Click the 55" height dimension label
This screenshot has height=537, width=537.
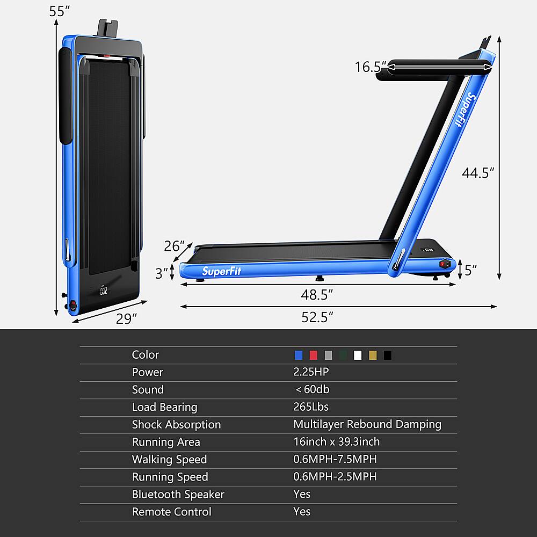(x=60, y=11)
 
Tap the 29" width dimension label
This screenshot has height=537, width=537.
(x=127, y=319)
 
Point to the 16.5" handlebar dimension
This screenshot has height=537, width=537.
(x=371, y=67)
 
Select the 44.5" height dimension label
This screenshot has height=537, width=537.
(x=478, y=173)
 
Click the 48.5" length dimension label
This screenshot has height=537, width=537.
(x=317, y=294)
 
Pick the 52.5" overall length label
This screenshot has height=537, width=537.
(x=317, y=317)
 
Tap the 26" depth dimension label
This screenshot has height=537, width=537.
(x=175, y=246)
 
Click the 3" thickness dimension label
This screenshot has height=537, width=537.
(x=162, y=273)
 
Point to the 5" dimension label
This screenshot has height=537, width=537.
(x=471, y=270)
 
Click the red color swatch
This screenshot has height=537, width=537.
(x=314, y=355)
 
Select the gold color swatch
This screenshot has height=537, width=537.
(x=373, y=355)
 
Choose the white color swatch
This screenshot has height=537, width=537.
(x=358, y=355)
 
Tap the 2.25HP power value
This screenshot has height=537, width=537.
(x=311, y=372)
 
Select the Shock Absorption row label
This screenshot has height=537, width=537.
(x=176, y=424)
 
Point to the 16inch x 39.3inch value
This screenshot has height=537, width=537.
(x=336, y=442)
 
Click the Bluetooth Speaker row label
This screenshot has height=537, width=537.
(x=178, y=494)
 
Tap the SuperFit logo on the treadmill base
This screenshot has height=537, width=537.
(x=222, y=271)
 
